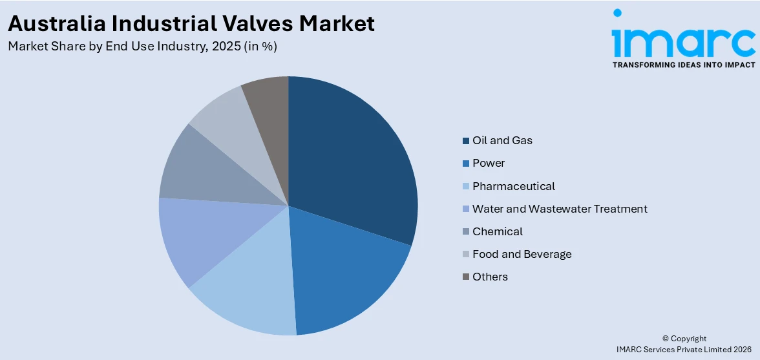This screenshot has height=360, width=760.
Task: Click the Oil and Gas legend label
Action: tap(502, 140)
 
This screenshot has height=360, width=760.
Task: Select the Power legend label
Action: tap(488, 163)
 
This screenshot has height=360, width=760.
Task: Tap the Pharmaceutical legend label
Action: tap(513, 186)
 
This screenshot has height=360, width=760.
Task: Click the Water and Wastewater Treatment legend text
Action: tap(559, 209)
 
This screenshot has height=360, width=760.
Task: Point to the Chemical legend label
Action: tap(497, 231)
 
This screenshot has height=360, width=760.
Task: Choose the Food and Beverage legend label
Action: tap(522, 254)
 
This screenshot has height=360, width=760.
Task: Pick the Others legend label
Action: tap(490, 277)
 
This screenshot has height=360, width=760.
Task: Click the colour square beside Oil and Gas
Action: tap(465, 141)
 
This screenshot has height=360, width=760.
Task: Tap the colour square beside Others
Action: tap(465, 277)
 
